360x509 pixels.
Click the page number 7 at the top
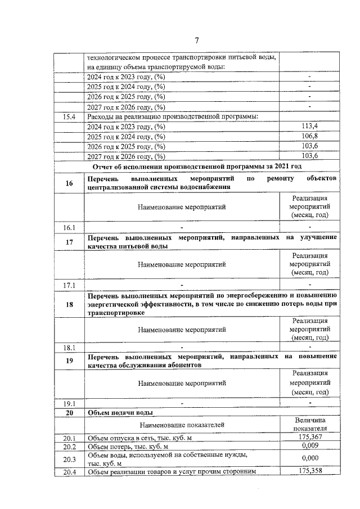(197, 40)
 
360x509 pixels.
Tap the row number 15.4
(70, 116)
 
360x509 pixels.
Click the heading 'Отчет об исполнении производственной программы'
(197, 166)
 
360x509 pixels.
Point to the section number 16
(70, 183)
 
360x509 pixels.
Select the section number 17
(70, 242)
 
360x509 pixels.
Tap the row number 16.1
(70, 227)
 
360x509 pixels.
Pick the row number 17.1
(70, 285)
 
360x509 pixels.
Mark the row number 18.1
(70, 348)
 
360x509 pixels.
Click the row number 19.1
(70, 403)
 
